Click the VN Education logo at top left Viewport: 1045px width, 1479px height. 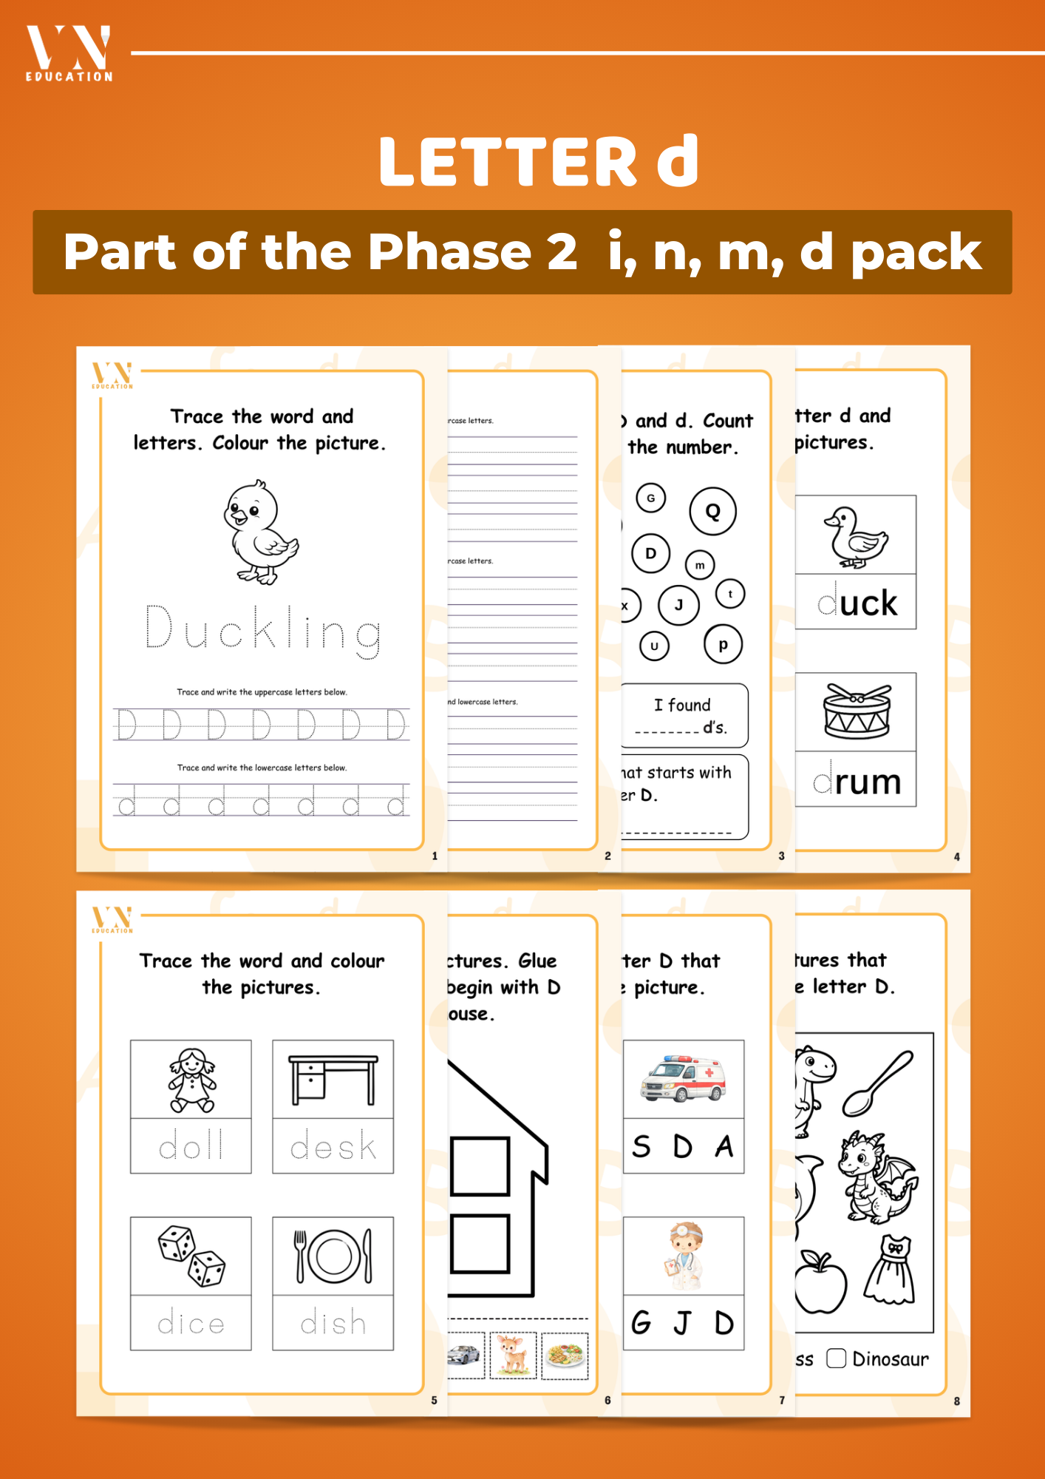(x=69, y=53)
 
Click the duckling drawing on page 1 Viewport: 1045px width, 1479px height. (x=259, y=532)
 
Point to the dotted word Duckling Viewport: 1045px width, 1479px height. (x=263, y=631)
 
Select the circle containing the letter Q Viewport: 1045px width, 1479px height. (x=712, y=511)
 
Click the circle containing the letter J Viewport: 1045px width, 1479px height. (x=678, y=605)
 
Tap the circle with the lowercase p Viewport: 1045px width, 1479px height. (x=723, y=644)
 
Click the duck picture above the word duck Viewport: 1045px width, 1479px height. (x=857, y=536)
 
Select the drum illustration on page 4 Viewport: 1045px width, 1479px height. (x=857, y=711)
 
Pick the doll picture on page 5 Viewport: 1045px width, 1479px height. (x=191, y=1080)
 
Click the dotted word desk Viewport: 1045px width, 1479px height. (x=333, y=1146)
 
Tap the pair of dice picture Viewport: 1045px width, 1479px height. (x=191, y=1256)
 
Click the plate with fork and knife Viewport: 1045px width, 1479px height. (x=333, y=1256)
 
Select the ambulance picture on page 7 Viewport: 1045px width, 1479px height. (x=683, y=1079)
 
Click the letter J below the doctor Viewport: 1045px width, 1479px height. (x=684, y=1323)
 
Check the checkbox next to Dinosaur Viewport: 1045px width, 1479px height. (x=836, y=1358)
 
